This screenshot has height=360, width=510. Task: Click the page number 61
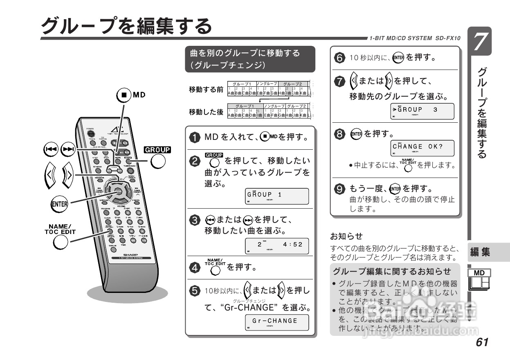[x=482, y=342]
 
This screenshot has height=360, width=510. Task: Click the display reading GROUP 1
[x=276, y=196]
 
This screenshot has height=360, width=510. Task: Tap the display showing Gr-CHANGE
[x=276, y=322]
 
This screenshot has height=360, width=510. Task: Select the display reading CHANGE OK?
[x=422, y=148]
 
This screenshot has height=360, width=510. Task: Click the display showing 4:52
[x=276, y=245]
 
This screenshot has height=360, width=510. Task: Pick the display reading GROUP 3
[x=422, y=111]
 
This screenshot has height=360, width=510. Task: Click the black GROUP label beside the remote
[x=157, y=149]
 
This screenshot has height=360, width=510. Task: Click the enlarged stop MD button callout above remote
[x=124, y=95]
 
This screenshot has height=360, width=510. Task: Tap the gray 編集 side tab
[x=480, y=252]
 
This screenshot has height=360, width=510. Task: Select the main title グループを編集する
[x=127, y=26]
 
